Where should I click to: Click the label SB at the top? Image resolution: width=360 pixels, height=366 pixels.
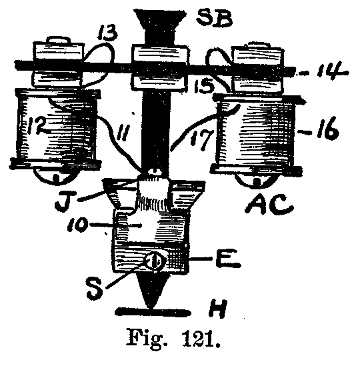214,18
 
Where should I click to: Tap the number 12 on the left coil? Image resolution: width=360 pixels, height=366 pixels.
36,126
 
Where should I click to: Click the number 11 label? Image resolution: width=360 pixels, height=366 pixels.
121,131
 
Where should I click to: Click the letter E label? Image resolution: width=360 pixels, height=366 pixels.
228,259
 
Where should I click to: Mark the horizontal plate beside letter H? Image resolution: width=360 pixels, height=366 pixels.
153,312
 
